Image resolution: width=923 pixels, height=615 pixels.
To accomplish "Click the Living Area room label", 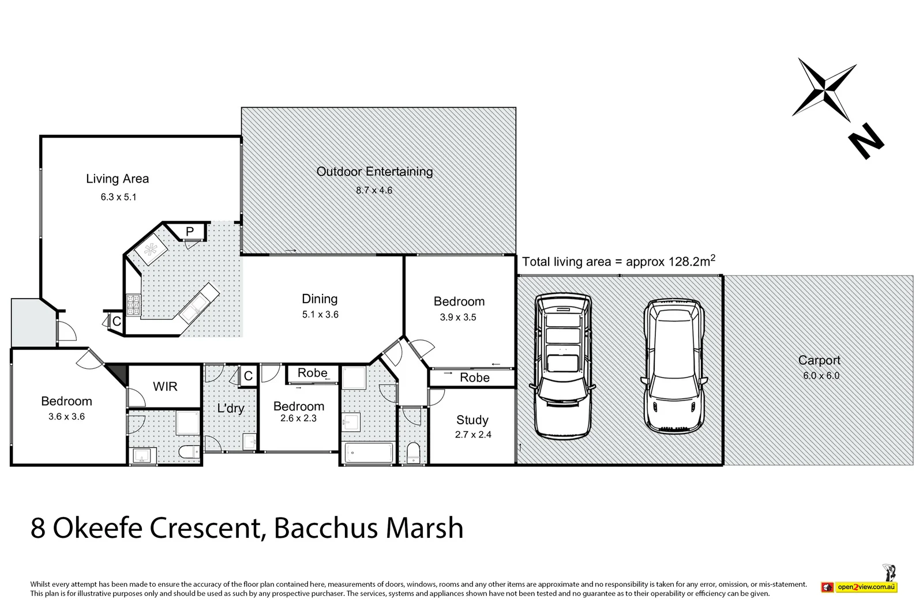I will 117,179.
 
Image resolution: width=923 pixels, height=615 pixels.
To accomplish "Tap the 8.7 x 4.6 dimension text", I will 374,191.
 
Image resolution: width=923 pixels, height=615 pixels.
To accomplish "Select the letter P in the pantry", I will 190,232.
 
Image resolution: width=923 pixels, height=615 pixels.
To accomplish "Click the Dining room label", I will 320,299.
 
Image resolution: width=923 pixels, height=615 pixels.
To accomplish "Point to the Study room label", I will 472,420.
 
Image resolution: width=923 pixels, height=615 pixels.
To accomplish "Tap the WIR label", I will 165,387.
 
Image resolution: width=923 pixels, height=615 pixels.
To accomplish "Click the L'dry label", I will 230,409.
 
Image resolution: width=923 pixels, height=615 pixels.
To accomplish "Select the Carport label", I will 819,360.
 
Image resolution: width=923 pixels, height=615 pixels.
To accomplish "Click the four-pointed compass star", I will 824,89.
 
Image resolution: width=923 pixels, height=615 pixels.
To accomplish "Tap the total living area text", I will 618,262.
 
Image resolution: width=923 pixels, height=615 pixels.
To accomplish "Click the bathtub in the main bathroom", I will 369,452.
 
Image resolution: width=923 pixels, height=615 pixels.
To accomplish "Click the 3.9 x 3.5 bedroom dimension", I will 458,318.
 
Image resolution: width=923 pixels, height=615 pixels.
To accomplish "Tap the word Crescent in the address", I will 207,528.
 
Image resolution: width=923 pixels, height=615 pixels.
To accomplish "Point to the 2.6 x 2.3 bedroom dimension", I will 298,419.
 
